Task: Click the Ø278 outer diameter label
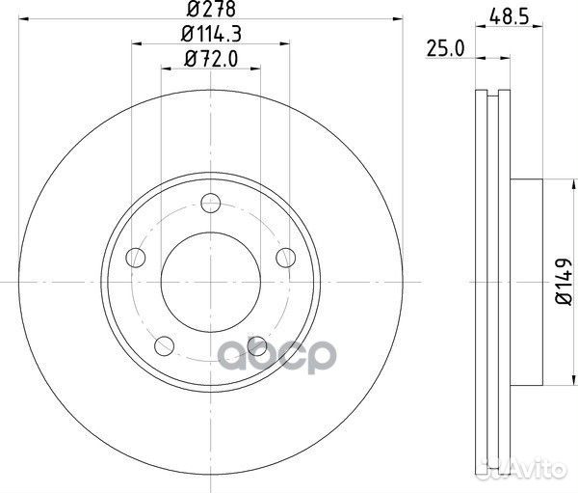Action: [211, 10]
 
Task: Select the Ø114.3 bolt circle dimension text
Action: [211, 35]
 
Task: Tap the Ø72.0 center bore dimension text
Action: [211, 59]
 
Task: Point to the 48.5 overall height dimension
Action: [510, 17]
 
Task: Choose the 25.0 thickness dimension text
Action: [446, 49]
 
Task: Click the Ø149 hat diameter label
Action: [564, 282]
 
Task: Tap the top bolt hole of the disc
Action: [211, 203]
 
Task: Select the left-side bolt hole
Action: [136, 258]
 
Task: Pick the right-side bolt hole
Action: [286, 258]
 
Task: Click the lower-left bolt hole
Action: [165, 346]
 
